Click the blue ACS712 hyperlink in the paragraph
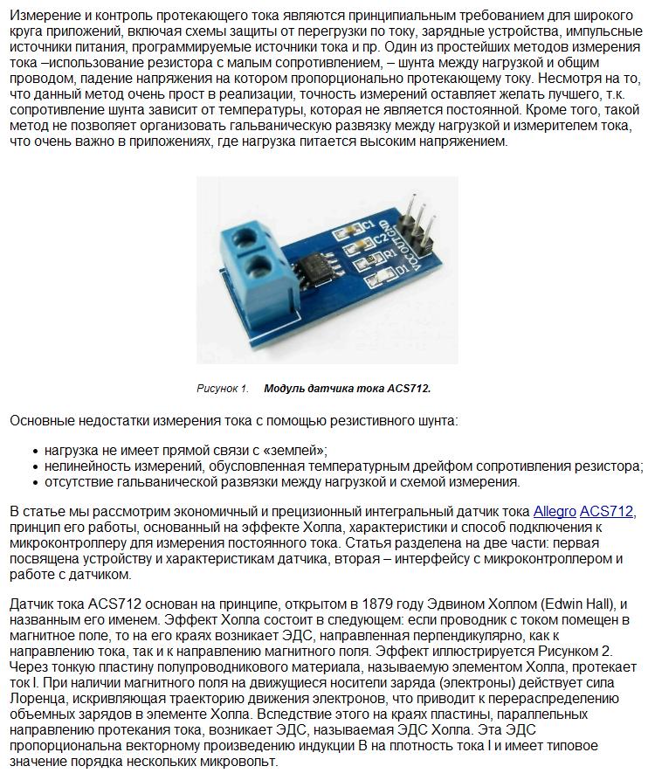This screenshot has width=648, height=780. point(607,511)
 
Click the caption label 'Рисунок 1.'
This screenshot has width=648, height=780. point(223,389)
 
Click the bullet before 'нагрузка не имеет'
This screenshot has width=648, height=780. point(35,451)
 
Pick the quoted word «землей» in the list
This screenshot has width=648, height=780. point(296,451)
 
